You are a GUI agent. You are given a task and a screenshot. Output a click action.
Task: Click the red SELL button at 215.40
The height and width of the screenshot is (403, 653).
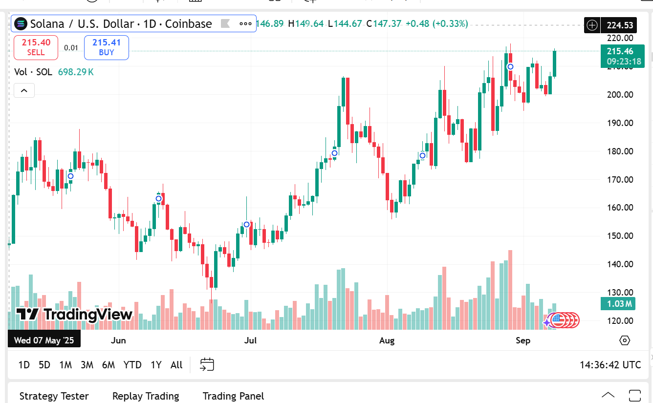[36, 47]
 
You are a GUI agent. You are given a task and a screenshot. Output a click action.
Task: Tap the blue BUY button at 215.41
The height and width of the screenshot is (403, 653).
[107, 47]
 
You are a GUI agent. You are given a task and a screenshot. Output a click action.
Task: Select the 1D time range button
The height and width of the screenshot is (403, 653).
[24, 365]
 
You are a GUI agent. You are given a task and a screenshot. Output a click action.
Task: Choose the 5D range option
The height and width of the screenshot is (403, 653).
[44, 365]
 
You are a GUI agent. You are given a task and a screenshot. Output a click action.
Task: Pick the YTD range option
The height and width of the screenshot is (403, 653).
[132, 365]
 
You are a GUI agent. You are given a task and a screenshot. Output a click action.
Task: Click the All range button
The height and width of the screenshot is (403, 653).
[176, 365]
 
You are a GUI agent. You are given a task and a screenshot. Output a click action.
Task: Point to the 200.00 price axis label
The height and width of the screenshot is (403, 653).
[620, 95]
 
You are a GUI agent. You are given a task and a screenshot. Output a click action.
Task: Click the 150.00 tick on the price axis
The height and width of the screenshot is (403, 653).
[620, 236]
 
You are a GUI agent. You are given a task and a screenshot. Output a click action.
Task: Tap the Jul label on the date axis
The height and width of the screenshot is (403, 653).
[250, 340]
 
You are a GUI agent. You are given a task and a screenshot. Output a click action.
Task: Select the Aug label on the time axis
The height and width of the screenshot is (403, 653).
[387, 340]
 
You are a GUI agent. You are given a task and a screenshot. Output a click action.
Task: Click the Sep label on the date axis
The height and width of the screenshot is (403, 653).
[523, 340]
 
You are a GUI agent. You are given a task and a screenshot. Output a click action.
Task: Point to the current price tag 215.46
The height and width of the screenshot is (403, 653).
[622, 51]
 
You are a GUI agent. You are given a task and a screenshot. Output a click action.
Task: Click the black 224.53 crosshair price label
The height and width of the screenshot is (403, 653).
[620, 25]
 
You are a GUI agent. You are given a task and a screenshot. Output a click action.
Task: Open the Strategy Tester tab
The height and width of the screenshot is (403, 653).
[54, 396]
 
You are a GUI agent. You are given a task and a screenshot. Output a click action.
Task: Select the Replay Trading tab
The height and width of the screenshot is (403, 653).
[146, 396]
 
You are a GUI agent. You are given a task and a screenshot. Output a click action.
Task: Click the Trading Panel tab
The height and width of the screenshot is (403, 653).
[233, 396]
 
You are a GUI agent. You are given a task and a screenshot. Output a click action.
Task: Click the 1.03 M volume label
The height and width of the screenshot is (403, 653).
[618, 304]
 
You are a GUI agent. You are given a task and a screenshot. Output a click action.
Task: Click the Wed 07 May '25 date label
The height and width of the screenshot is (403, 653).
[44, 340]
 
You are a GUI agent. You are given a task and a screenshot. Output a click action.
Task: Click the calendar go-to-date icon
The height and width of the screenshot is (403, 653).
[207, 364]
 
